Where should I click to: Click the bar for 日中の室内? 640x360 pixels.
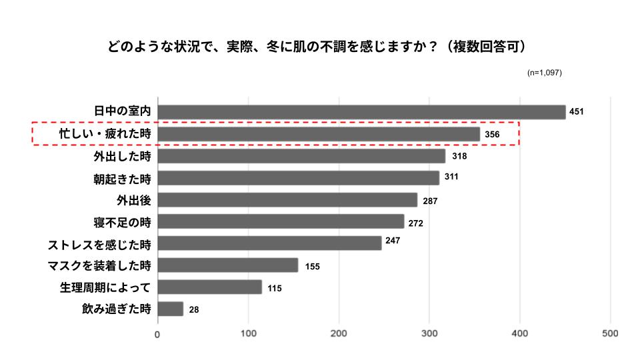[361, 112]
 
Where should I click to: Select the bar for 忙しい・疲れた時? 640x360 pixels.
[319, 134]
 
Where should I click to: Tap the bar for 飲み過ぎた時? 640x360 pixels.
[171, 309]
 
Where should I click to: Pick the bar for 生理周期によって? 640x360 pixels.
[210, 287]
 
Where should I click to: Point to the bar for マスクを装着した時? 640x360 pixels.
[228, 265]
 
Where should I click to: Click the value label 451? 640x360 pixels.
[576, 112]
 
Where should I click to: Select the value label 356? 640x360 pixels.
[491, 135]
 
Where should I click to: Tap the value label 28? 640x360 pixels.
[194, 309]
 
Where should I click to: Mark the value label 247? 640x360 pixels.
[392, 240]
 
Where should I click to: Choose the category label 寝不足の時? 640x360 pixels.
[123, 221]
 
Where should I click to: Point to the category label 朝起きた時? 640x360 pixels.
[123, 178]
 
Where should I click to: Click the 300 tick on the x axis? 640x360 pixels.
[429, 333]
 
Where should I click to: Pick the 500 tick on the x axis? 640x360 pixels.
[610, 333]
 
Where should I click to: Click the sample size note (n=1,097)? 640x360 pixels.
[544, 72]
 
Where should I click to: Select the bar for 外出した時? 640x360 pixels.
[301, 156]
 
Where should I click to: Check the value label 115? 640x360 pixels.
[275, 288]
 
